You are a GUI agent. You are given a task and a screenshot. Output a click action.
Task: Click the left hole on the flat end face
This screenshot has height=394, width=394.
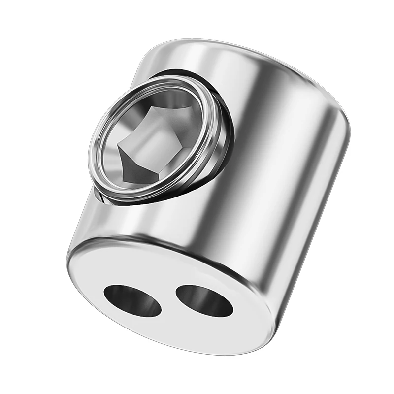[132, 299]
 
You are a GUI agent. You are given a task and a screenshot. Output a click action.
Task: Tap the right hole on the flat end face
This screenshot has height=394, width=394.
[204, 300]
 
